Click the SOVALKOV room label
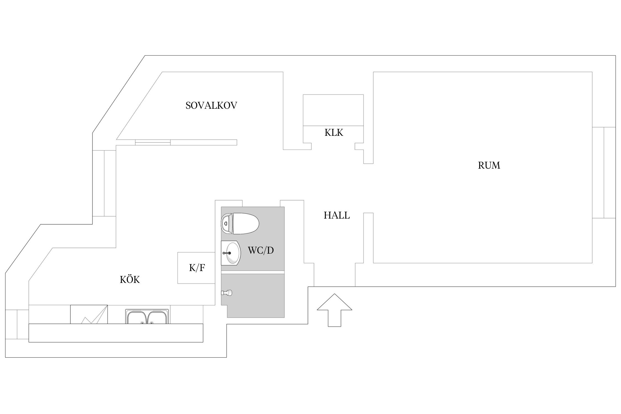211,105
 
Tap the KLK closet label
334,133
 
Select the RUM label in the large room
489,165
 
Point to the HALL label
337,215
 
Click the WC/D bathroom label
261,250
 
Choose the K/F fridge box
196,268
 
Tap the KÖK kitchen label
130,280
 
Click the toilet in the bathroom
240,224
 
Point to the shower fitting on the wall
227,293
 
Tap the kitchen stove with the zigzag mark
89,314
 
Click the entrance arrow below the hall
334,310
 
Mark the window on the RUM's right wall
604,173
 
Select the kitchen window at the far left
17,324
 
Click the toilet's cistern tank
227,224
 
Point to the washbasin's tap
227,253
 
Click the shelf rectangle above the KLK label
333,110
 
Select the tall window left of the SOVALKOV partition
104,183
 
